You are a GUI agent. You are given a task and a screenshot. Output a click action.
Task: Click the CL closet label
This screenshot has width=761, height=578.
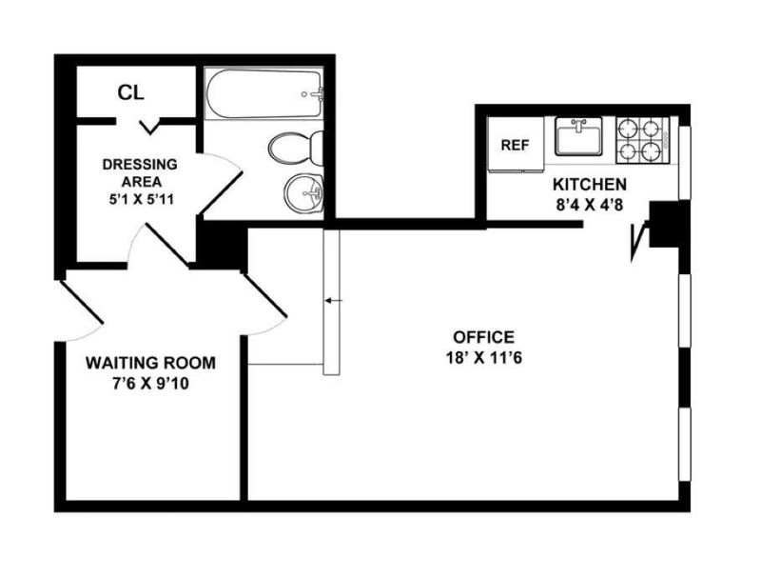[x=131, y=92]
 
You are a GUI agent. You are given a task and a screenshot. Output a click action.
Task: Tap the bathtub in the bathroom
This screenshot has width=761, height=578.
[x=263, y=93]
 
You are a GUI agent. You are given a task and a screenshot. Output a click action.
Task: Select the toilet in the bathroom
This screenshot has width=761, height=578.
[x=297, y=148]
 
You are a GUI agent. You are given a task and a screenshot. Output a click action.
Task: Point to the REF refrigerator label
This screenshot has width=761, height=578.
[x=515, y=145]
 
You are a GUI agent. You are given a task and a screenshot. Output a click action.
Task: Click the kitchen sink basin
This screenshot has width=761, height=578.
[x=578, y=136]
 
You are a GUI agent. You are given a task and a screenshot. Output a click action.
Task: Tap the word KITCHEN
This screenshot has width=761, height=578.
[x=590, y=185]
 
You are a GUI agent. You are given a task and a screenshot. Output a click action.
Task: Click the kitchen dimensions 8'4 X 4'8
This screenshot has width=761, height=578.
[x=590, y=205]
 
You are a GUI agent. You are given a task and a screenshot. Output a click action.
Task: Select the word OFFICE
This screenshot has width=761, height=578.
[x=483, y=336]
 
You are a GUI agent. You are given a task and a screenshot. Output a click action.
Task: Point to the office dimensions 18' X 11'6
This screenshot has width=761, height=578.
[x=483, y=358]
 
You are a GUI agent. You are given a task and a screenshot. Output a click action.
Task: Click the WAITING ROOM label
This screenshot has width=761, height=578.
[x=150, y=363]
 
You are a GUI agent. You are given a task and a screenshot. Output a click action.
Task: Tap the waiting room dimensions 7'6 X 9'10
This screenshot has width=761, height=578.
[x=150, y=384]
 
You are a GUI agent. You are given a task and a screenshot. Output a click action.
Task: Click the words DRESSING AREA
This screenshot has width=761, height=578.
[x=140, y=173]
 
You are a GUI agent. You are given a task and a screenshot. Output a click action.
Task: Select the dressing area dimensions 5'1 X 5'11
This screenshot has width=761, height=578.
[x=141, y=200]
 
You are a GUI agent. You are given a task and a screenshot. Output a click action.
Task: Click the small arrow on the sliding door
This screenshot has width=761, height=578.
[x=334, y=301]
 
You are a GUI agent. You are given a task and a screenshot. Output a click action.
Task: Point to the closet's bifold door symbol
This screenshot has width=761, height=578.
[x=150, y=128]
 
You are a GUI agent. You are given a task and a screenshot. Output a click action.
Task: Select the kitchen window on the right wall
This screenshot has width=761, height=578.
[x=684, y=162]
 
